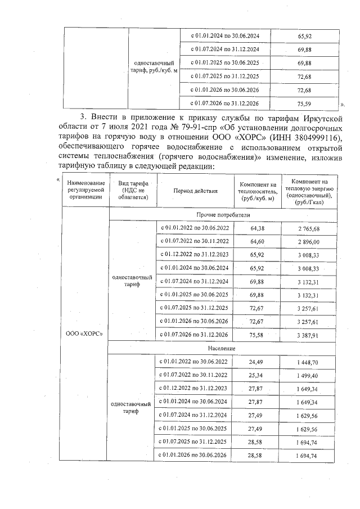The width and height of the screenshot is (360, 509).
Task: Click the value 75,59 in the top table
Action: pos(304,103)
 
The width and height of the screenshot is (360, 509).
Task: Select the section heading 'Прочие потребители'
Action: pos(223,215)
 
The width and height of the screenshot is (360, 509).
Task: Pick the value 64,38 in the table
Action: pos(257,228)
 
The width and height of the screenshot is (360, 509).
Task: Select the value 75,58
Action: pos(257,335)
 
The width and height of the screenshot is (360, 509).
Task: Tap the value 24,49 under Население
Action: pos(257,362)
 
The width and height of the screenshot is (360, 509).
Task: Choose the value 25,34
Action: pos(257,375)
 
